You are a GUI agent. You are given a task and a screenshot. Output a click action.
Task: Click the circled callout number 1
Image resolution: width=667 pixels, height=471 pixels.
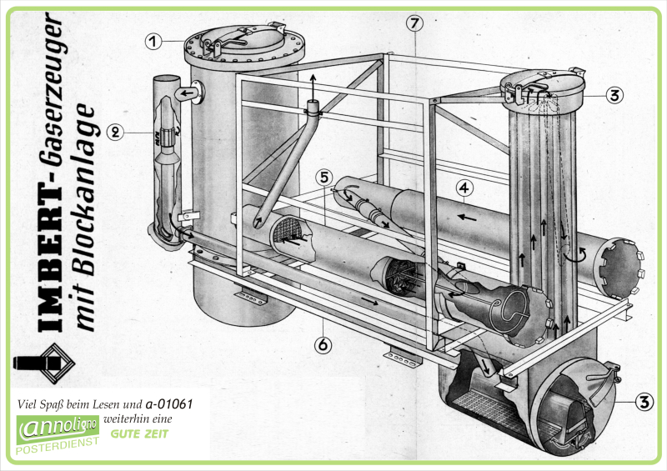click(x=152, y=39)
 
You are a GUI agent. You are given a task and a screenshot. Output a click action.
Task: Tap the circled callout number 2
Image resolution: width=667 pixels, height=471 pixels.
click(x=116, y=131)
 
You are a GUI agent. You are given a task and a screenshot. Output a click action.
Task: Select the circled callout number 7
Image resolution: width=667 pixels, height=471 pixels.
click(x=416, y=23)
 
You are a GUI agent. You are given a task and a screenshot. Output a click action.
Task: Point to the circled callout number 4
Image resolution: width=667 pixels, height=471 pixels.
click(x=464, y=186)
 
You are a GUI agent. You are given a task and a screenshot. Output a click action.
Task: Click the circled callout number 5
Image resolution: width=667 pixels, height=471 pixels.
click(x=326, y=178)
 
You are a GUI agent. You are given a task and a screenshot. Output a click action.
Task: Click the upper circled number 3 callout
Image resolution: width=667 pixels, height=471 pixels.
click(x=614, y=94)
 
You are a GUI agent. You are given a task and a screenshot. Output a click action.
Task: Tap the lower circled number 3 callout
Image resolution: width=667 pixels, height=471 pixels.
click(x=644, y=403)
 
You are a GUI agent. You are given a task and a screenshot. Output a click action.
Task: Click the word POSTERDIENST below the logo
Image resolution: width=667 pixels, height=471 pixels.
click(x=57, y=451)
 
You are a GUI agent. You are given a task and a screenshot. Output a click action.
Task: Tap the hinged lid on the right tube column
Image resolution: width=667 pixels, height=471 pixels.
click(x=542, y=86)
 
